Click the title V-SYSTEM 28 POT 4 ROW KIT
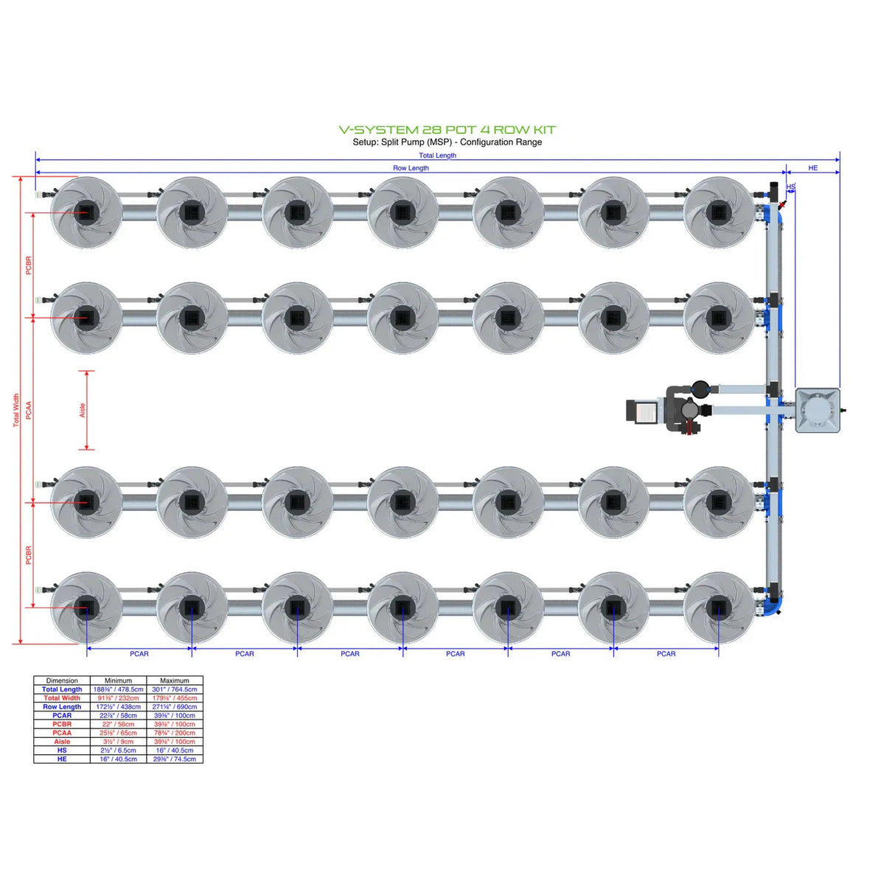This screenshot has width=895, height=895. [x=447, y=130]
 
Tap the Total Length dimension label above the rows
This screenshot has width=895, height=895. [x=437, y=156]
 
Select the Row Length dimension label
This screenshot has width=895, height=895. [x=411, y=168]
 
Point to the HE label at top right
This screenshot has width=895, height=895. [x=812, y=168]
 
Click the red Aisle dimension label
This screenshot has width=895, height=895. [x=83, y=410]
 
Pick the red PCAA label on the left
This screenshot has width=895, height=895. [x=29, y=410]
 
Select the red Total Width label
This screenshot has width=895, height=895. [x=16, y=410]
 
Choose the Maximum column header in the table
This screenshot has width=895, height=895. [x=175, y=680]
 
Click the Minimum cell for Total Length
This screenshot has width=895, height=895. [x=118, y=689]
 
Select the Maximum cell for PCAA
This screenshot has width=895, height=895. [x=175, y=733]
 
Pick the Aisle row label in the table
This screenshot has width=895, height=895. [x=62, y=742]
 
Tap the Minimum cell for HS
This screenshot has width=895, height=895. [x=118, y=751]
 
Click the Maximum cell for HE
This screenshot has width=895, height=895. [x=175, y=759]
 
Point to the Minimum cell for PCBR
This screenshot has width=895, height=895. [x=118, y=724]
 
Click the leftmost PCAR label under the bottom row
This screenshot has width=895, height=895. [x=139, y=654]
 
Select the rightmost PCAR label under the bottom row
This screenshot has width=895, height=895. [x=666, y=654]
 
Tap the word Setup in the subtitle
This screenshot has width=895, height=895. [x=365, y=142]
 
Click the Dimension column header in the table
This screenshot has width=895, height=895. [x=62, y=680]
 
